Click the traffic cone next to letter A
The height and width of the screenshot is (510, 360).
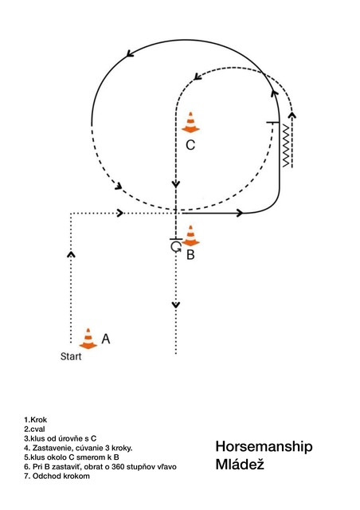tap(88, 339)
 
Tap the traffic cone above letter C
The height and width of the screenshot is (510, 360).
tap(190, 122)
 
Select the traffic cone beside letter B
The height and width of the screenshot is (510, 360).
tap(190, 236)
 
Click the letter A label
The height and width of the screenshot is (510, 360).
tap(106, 339)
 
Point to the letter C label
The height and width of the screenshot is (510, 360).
tap(190, 145)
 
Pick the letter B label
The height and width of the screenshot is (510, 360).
tap(190, 255)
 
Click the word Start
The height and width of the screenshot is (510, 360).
tap(71, 356)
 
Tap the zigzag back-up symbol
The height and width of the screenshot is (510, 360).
tap(285, 145)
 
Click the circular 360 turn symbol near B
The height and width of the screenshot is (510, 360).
tap(175, 247)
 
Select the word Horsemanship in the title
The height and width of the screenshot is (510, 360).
tap(264, 446)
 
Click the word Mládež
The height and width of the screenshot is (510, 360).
tap(240, 465)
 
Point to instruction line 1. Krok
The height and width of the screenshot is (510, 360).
tap(36, 420)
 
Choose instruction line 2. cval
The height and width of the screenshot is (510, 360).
tap(34, 429)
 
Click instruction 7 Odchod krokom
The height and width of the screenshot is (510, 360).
tap(57, 477)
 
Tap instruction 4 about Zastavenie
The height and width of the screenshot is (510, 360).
tap(78, 448)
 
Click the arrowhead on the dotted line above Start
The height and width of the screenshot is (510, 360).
tap(71, 253)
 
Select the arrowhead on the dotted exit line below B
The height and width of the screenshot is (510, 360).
tap(176, 304)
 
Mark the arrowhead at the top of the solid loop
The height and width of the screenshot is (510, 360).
tap(131, 53)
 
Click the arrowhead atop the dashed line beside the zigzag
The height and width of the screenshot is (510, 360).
tap(292, 115)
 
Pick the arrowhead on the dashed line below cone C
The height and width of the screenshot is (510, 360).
tap(176, 184)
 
